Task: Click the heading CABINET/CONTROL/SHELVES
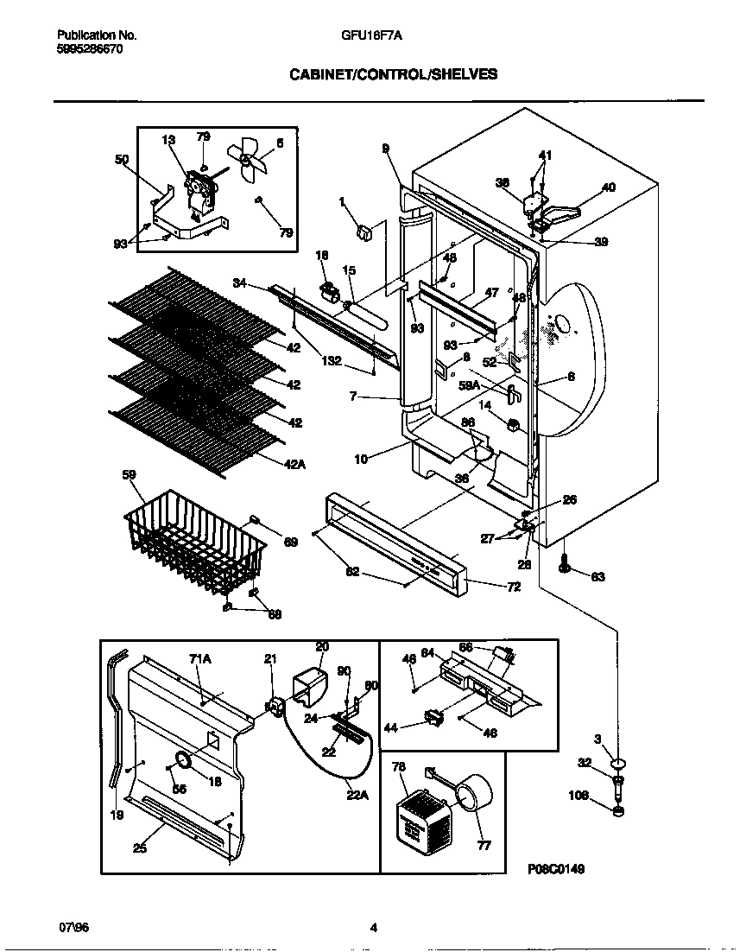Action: point(392,74)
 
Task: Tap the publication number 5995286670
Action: point(90,50)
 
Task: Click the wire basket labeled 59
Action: point(194,544)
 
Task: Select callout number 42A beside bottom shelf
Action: point(294,465)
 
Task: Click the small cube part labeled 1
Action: point(364,231)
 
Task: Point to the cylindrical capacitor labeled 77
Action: point(472,794)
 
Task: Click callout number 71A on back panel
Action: point(200,658)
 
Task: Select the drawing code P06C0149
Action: point(555,869)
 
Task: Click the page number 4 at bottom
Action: point(373,929)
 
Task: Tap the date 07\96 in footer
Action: point(73,928)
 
